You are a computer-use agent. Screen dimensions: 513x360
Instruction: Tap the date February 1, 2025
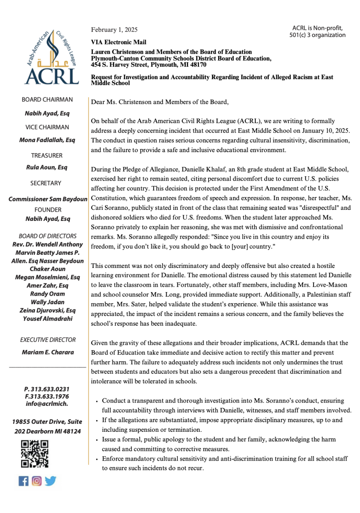click(114, 30)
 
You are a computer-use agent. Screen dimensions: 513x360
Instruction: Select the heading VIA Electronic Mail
click(118, 42)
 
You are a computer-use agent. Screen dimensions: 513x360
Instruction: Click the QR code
click(35, 454)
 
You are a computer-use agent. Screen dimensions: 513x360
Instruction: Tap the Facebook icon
click(24, 481)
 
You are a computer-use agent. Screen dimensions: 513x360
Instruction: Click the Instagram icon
click(37, 481)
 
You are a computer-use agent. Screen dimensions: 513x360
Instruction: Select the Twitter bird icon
click(50, 481)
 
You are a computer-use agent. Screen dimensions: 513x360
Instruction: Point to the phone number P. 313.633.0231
click(47, 389)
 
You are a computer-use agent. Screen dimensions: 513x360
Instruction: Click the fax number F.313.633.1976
click(47, 396)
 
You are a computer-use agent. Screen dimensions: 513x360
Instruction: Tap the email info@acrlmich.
click(47, 404)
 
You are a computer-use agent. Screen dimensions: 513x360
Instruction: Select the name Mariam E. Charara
click(48, 352)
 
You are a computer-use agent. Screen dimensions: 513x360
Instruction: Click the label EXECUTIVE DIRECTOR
click(48, 340)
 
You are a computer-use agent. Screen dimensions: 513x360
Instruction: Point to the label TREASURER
click(47, 156)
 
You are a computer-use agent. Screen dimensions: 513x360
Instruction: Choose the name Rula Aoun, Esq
click(47, 167)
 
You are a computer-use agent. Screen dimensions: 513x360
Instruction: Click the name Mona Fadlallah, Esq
click(47, 140)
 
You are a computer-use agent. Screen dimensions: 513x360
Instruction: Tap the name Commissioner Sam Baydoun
click(48, 199)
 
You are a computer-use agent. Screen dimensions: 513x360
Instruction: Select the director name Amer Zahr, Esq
click(47, 285)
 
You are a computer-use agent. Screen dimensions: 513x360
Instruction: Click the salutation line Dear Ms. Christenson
click(160, 102)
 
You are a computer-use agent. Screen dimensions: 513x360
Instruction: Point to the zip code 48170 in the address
click(198, 65)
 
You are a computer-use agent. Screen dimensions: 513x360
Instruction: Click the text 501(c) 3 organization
click(317, 35)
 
